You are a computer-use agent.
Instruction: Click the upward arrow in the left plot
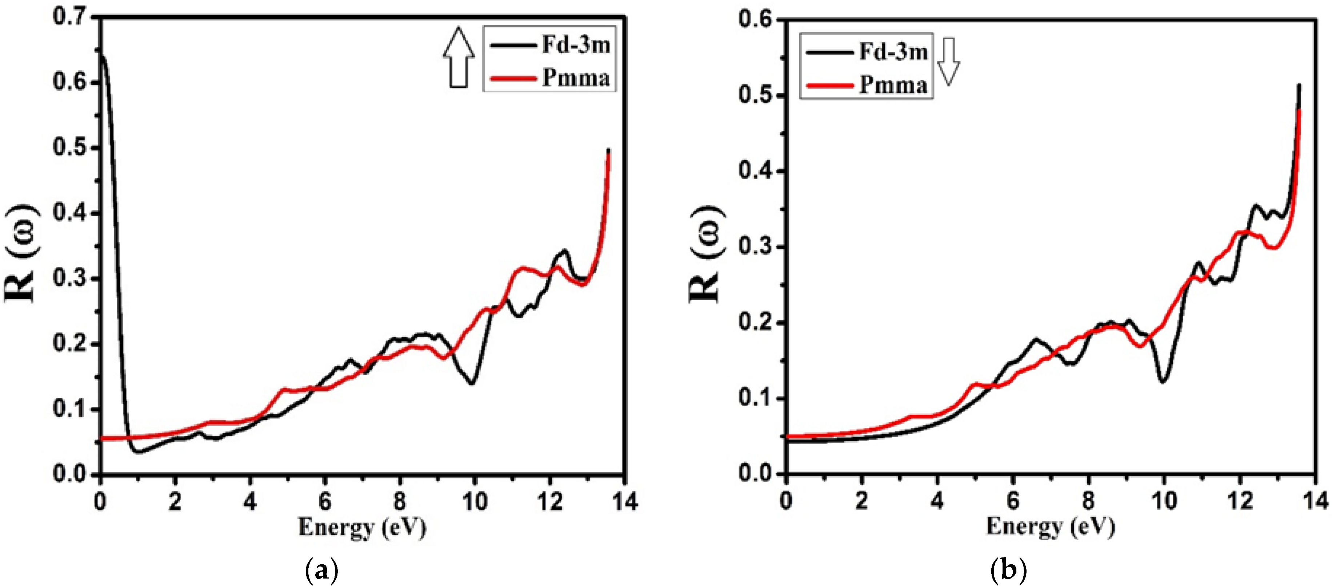[458, 58]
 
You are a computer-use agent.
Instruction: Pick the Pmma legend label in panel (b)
[893, 84]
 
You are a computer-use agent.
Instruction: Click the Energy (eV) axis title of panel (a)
[362, 528]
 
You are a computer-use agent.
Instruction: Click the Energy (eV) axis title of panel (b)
[1050, 527]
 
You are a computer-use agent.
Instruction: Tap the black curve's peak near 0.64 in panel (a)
[102, 55]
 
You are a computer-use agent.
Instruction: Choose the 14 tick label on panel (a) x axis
[625, 501]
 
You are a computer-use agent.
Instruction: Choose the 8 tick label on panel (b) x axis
[1088, 501]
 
